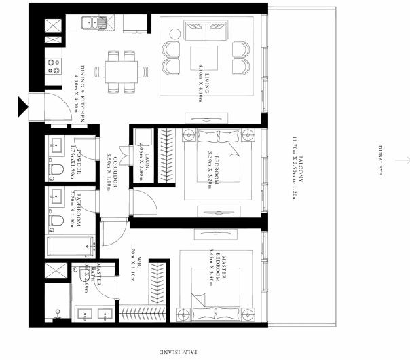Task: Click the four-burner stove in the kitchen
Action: pyautogui.click(x=52, y=67)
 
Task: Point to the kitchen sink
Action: pyautogui.click(x=89, y=23)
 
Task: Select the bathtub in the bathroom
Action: pyautogui.click(x=70, y=244)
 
